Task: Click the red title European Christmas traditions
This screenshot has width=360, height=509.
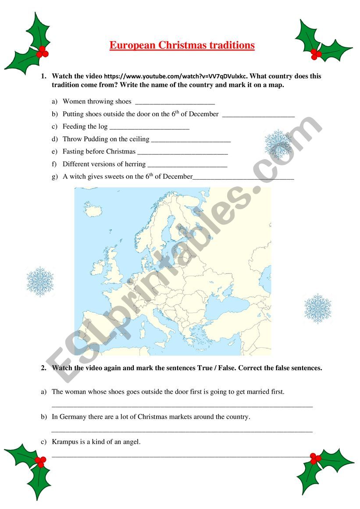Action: coord(182,46)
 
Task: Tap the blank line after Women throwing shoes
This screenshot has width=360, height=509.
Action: coord(175,103)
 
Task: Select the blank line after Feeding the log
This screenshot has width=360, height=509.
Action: coord(149,128)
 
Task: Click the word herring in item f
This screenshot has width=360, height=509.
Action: coord(135,164)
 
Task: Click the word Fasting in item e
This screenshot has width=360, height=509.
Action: coord(73,152)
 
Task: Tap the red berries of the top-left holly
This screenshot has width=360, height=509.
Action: coord(42,52)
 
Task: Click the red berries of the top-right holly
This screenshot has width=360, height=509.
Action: coord(316,54)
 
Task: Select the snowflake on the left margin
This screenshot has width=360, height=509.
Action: coord(40,280)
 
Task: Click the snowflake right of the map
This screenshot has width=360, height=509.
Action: coord(318,308)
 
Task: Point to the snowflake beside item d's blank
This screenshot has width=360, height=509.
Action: coord(278,143)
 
